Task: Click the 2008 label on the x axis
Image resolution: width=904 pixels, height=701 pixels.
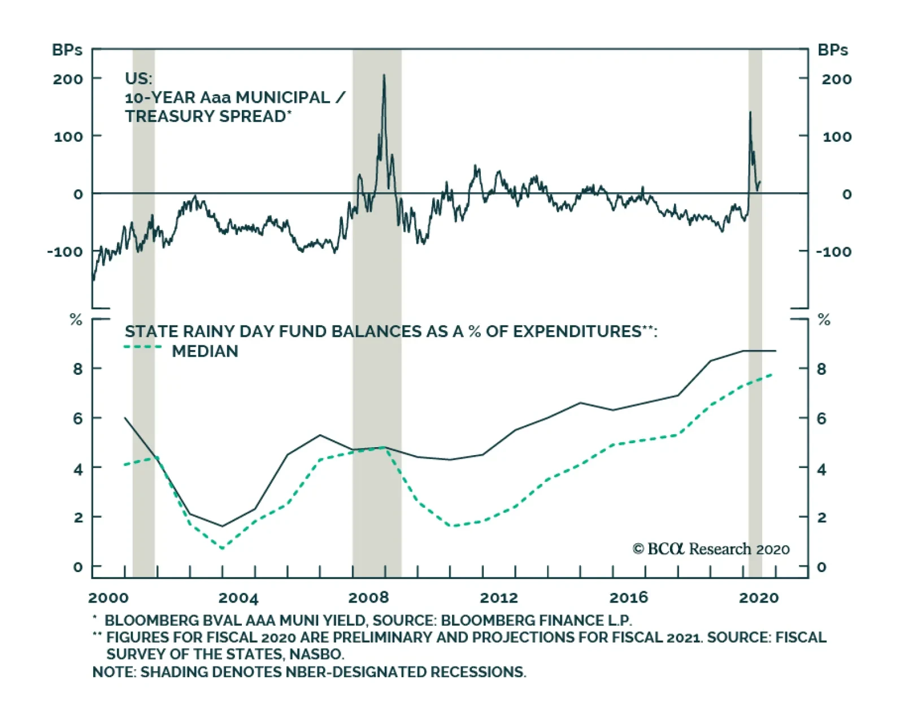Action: (x=368, y=598)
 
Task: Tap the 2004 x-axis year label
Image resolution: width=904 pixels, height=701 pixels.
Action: (x=238, y=598)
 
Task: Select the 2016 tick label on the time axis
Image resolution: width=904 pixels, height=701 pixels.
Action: (x=629, y=598)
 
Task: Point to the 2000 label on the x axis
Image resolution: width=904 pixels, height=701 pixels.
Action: (x=108, y=598)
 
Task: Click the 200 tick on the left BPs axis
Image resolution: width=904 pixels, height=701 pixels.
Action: (x=68, y=79)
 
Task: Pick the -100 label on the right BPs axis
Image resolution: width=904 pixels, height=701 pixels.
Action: (x=833, y=252)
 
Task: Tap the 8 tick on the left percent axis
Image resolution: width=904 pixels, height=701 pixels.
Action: (x=78, y=369)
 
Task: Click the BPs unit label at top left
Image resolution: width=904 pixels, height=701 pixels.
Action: (x=67, y=50)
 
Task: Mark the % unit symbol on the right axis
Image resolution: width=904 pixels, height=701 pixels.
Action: (x=824, y=321)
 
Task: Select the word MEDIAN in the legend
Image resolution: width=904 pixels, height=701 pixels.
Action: (x=205, y=351)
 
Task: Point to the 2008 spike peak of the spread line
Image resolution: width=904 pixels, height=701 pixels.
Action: (x=384, y=75)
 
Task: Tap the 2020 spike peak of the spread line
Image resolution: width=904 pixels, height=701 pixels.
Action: (x=750, y=112)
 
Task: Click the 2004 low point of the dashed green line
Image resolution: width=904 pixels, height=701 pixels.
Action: (x=222, y=547)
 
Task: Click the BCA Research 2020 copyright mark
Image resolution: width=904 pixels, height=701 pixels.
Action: (x=711, y=549)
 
